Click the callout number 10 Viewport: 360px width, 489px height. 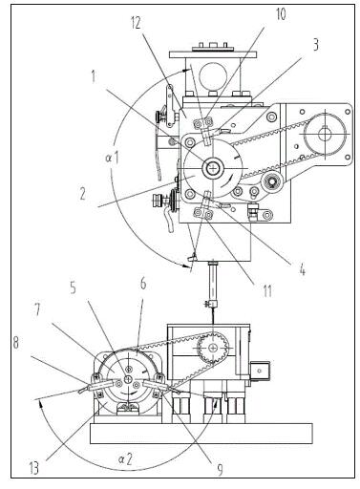pyautogui.click(x=281, y=14)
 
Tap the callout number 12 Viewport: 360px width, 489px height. pyautogui.click(x=136, y=23)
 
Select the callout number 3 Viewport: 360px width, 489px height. pyautogui.click(x=315, y=45)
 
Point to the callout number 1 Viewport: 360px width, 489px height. pyautogui.click(x=93, y=76)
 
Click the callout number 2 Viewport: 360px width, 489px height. pyautogui.click(x=82, y=193)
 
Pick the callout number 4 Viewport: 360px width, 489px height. pyautogui.click(x=302, y=269)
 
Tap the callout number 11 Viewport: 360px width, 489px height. pyautogui.click(x=266, y=291)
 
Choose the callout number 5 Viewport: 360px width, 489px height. pyautogui.click(x=74, y=287)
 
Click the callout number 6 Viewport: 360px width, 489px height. pyautogui.click(x=143, y=283)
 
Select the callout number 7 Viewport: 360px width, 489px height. pyautogui.click(x=37, y=309)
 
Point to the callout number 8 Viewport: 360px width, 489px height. pyautogui.click(x=15, y=343)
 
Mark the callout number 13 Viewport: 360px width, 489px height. pyautogui.click(x=33, y=468)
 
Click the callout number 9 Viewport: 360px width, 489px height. pyautogui.click(x=220, y=469)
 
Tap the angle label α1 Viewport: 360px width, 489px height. pyautogui.click(x=112, y=158)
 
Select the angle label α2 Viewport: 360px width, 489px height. pyautogui.click(x=125, y=459)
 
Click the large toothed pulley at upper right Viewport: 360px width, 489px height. pyautogui.click(x=325, y=134)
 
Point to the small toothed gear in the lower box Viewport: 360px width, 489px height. pyautogui.click(x=213, y=349)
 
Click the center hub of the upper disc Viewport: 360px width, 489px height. pyautogui.click(x=212, y=168)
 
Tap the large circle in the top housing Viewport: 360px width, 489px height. pyautogui.click(x=213, y=76)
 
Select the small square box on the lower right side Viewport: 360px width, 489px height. pyautogui.click(x=260, y=371)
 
